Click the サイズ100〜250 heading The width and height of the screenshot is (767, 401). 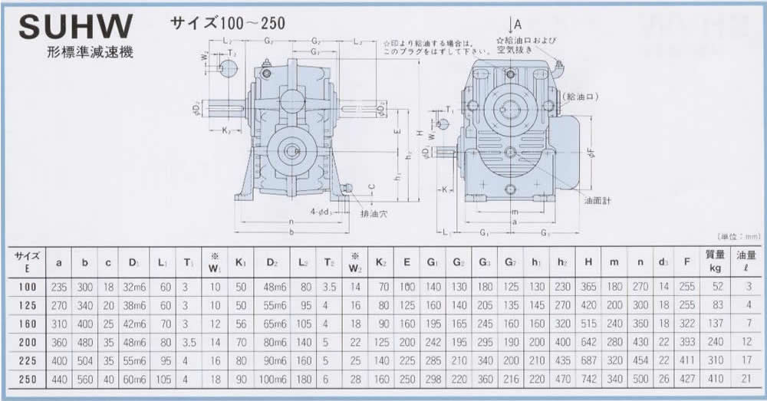tap(228, 23)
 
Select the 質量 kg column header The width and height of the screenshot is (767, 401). tap(714, 262)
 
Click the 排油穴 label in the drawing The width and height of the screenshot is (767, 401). tap(374, 215)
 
